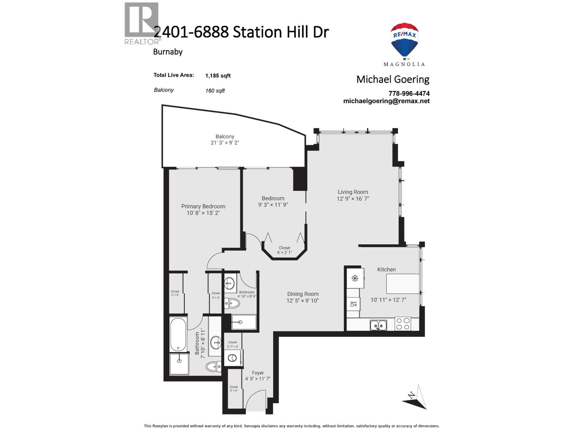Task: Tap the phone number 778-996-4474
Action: coord(409,94)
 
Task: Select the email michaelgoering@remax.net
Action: coord(386,101)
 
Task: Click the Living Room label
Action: coord(353,192)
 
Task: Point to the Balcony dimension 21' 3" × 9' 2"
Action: coord(225,143)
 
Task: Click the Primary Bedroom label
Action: coord(203,206)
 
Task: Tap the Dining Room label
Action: coord(303,294)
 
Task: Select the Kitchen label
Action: coord(386,269)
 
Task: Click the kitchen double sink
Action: coord(378,325)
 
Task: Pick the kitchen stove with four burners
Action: coord(403,324)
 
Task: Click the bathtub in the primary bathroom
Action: coord(178,334)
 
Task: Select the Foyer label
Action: coord(258,373)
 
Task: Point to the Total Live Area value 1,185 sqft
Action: coord(218,76)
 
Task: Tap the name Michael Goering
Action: coord(393,79)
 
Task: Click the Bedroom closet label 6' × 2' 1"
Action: coord(284,252)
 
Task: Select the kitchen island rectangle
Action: coord(402,284)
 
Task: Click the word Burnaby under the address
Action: coord(168,52)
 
